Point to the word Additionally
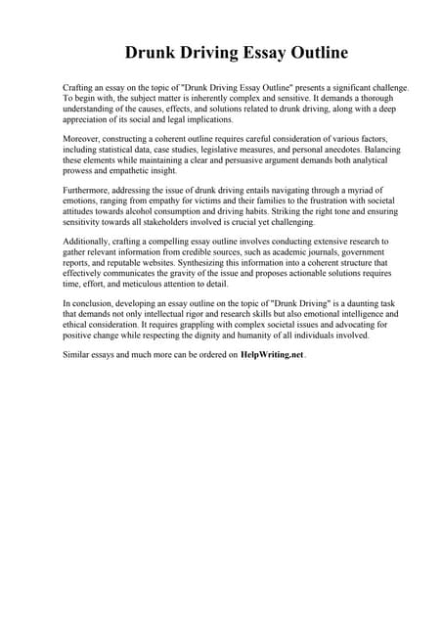coord(89,241)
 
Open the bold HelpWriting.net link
coord(273,356)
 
